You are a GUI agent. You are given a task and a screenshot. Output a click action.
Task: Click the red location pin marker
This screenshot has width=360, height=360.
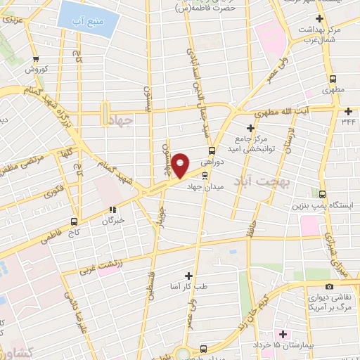pos(181,165)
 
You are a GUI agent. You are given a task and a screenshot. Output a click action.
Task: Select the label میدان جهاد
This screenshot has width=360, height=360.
pos(204,186)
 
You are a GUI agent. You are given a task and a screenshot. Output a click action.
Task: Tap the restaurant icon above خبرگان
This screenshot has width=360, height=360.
pos(112,209)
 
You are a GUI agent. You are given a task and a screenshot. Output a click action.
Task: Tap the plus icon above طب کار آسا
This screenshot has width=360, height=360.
pos(188,276)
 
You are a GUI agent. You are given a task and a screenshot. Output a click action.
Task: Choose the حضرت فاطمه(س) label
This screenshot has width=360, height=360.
pos(204,8)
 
